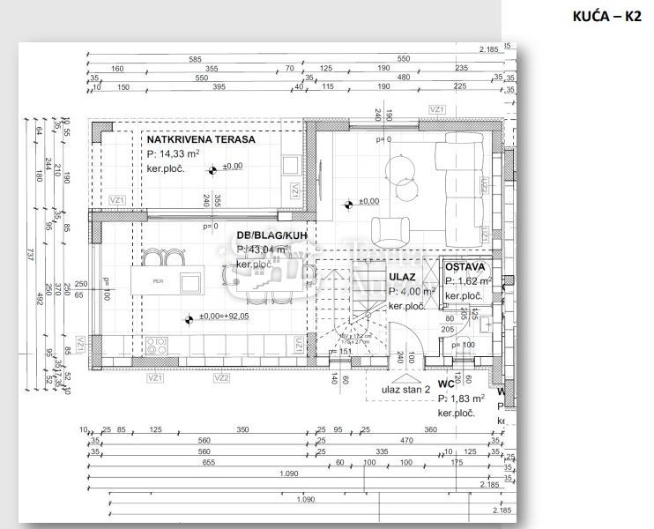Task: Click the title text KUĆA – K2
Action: tap(608, 16)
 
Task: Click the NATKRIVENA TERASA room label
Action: tap(201, 139)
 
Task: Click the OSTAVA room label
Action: tap(464, 266)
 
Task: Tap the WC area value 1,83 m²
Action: tap(467, 399)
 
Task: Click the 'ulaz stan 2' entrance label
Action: tap(405, 388)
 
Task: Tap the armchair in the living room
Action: tap(390, 231)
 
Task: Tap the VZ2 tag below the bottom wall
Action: tap(221, 377)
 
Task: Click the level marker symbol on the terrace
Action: tap(214, 167)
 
